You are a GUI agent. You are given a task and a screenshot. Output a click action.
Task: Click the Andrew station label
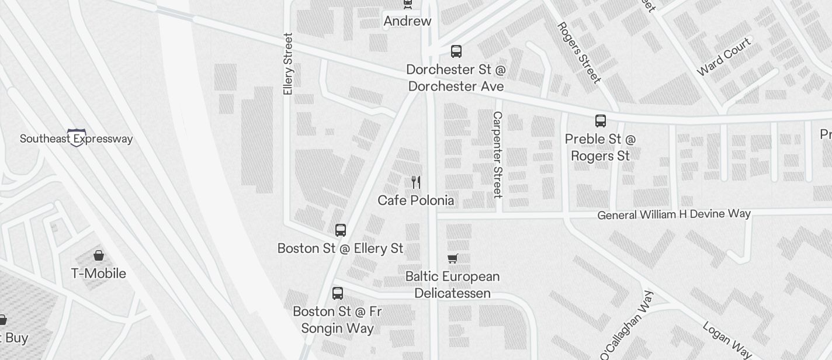coord(407,22)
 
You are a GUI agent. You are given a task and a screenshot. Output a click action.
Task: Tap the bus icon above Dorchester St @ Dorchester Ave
coord(456,51)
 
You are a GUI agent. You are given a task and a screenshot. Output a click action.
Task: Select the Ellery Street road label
coord(287,64)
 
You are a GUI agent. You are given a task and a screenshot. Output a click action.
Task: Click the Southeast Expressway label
coord(76,139)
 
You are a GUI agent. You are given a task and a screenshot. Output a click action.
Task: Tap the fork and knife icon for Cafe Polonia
coord(416,182)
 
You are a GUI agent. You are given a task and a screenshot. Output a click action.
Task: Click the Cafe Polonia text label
coord(415,200)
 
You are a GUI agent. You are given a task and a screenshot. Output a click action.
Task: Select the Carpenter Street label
coord(498,155)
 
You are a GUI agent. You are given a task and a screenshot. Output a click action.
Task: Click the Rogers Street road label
coord(578,53)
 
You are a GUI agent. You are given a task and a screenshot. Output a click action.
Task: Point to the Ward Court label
coord(723,57)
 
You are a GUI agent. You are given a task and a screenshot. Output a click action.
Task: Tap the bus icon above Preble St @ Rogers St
coord(601,121)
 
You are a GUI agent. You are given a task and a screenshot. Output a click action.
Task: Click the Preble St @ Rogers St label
coord(601,147)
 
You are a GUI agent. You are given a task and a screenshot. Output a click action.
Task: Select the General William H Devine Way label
coord(674,214)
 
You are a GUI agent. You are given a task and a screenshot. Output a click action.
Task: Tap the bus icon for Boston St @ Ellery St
coord(341,230)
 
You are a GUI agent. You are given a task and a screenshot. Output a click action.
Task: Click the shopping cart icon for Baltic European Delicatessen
coord(453,258)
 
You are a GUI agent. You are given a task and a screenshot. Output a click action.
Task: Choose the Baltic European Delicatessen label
coord(453,284)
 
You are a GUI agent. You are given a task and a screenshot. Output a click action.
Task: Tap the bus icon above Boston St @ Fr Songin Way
coord(338,293)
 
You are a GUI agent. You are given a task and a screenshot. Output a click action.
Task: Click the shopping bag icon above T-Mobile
coord(99,255)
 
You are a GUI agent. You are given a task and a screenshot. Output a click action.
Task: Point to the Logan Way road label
coord(726,339)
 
